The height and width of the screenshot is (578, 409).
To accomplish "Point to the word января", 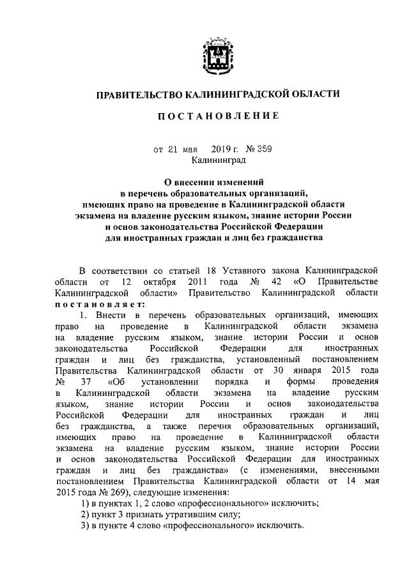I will (314, 369).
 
